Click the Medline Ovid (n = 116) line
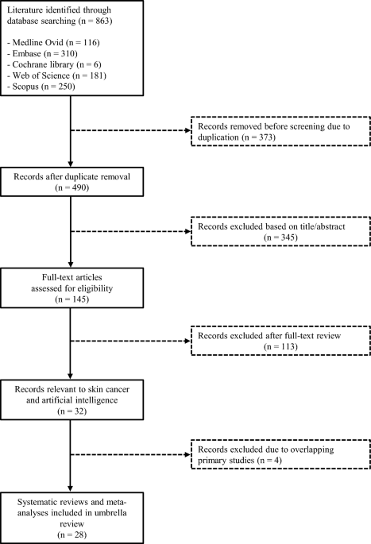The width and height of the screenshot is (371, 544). point(53,43)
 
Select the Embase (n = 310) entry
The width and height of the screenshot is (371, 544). point(42,53)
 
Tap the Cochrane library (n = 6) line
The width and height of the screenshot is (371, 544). point(54,64)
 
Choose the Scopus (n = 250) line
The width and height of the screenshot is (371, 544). point(41,87)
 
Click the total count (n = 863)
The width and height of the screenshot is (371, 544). point(95,21)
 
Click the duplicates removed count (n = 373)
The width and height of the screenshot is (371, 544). point(258,137)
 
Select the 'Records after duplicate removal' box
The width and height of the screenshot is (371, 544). point(71,182)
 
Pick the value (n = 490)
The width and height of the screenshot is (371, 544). point(71,187)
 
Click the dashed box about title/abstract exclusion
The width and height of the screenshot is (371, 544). point(280,231)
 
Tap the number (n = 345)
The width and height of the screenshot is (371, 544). point(280,237)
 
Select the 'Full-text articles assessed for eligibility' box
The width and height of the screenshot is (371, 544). point(71,288)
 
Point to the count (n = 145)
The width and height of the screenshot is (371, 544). point(71,299)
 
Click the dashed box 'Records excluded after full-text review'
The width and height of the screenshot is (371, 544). point(280,341)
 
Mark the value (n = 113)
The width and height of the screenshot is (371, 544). point(280,346)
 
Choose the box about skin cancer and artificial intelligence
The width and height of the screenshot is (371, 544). point(71,400)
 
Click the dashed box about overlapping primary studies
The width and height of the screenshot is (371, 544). point(280,454)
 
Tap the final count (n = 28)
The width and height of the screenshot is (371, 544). point(71,534)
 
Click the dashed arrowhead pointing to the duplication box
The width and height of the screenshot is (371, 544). point(188,130)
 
